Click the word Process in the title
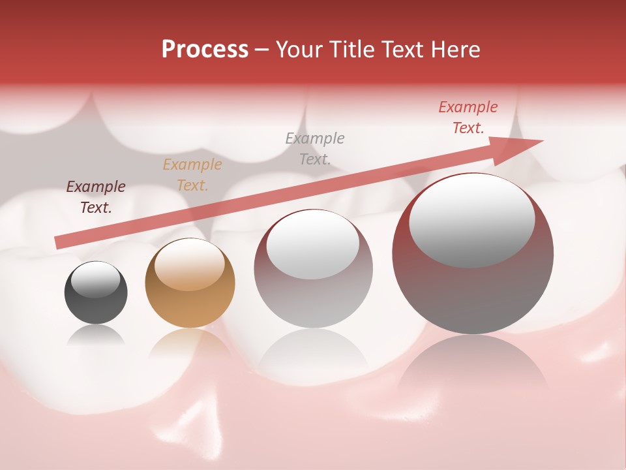tap(205, 50)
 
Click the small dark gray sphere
tap(96, 293)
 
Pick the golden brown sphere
tap(190, 283)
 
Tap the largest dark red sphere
tap(473, 255)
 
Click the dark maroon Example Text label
tap(96, 197)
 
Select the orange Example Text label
tap(192, 175)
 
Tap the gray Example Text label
tap(315, 148)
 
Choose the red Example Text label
tap(468, 117)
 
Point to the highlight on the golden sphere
tap(189, 264)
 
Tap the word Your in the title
tap(299, 50)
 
